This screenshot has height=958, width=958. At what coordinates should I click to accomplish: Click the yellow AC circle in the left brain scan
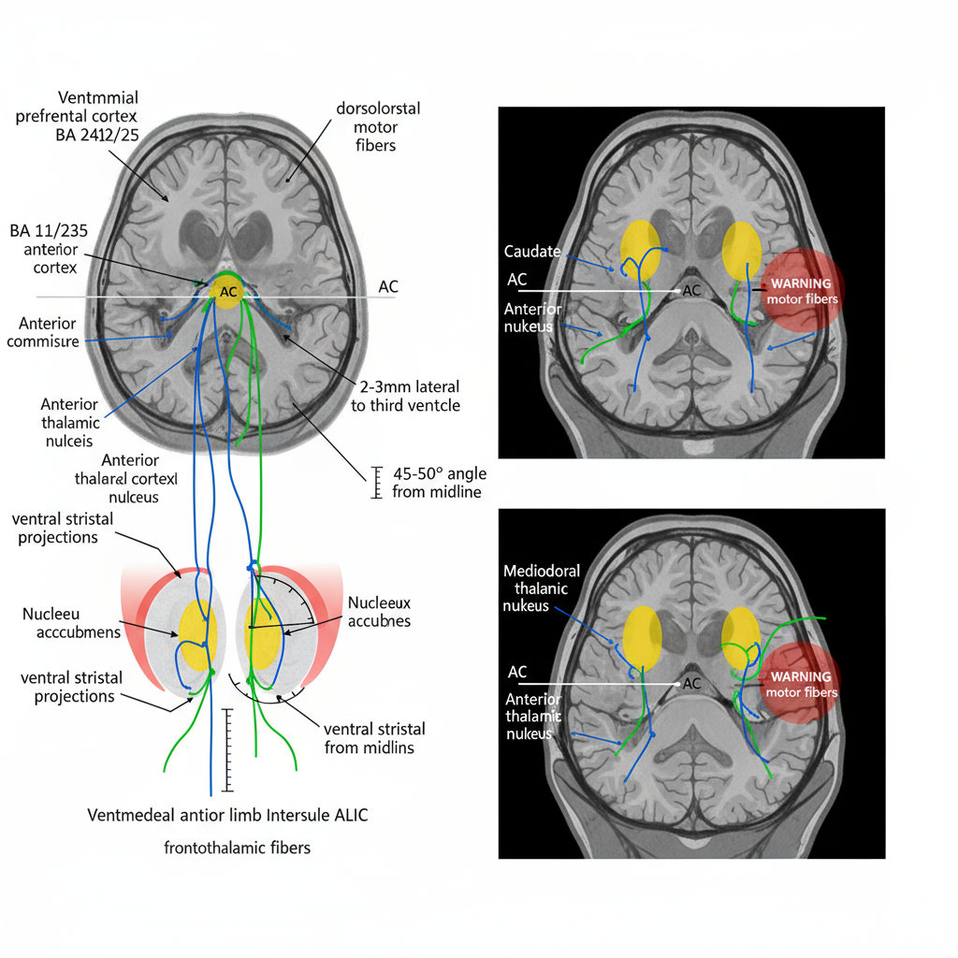(x=228, y=291)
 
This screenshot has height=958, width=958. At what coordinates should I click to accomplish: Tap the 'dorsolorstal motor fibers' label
(x=378, y=126)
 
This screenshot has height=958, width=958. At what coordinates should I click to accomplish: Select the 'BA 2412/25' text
(x=96, y=135)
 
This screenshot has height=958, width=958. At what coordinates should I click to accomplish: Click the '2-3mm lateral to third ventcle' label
(x=405, y=395)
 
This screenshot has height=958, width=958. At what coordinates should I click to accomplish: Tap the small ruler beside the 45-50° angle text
(x=378, y=482)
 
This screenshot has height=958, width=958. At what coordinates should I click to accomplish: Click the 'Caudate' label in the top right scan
(x=532, y=252)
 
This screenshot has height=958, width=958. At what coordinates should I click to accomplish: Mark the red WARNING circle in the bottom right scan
(x=801, y=684)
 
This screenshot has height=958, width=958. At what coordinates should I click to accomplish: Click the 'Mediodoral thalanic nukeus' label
(x=542, y=589)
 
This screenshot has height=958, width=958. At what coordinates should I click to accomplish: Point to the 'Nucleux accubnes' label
(x=379, y=612)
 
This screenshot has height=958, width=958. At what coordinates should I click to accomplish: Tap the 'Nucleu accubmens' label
(x=71, y=623)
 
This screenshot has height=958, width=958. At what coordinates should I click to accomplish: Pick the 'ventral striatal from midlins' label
(x=374, y=737)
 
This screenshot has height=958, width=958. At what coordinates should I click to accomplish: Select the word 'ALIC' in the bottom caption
(x=351, y=815)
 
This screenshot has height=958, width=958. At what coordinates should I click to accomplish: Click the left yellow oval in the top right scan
(x=641, y=250)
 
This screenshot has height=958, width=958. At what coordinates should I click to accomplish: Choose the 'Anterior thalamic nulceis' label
(x=69, y=422)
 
